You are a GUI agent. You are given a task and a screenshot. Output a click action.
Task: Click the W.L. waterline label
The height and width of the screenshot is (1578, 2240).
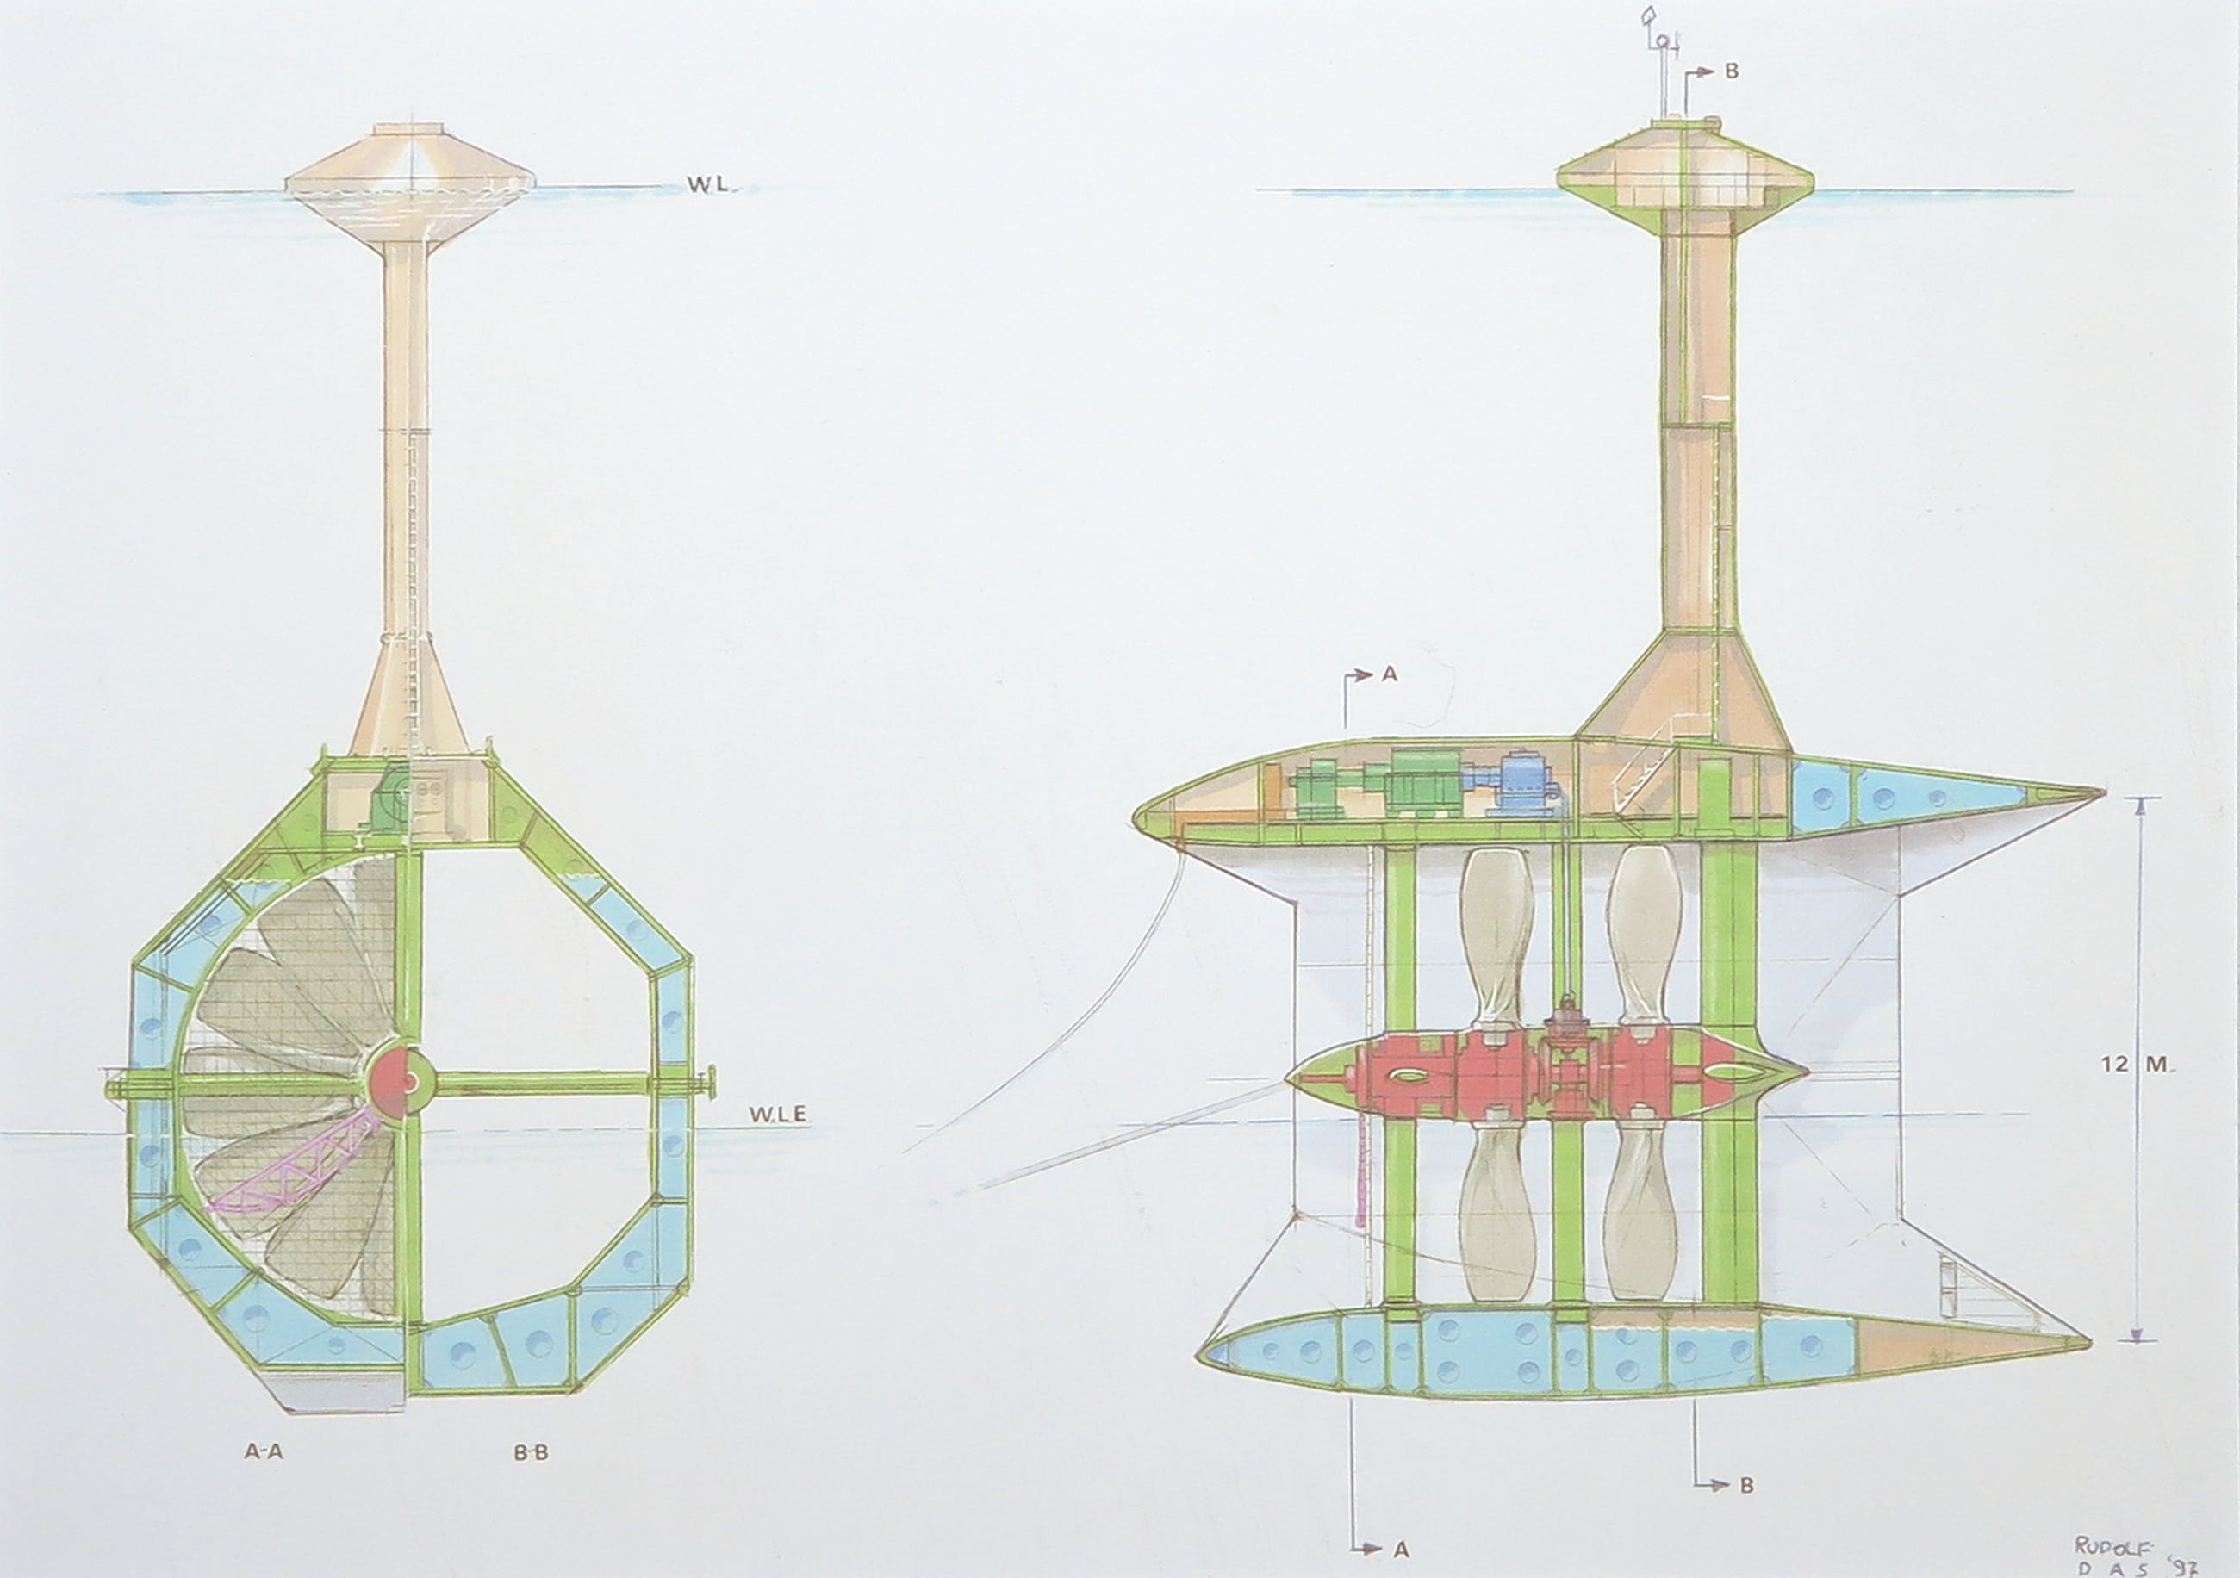tap(708, 184)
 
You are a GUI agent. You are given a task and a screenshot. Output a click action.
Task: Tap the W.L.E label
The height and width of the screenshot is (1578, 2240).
tap(778, 1115)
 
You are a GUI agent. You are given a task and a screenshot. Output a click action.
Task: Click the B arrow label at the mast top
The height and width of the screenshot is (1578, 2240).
tap(1731, 71)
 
